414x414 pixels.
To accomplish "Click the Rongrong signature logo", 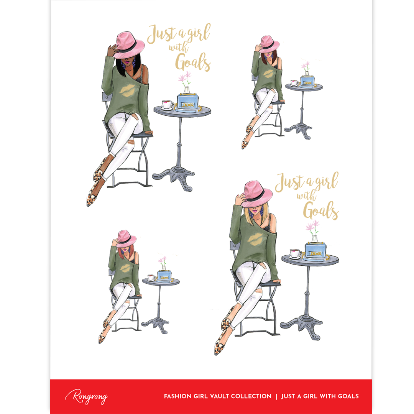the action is [x=86, y=396].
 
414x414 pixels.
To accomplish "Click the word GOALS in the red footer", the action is [x=348, y=396].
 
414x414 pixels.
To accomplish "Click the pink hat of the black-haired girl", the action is [x=129, y=45].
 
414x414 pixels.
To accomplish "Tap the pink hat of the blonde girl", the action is [x=256, y=194].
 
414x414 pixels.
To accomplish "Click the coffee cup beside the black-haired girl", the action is [x=168, y=105].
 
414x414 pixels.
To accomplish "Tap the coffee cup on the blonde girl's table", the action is [x=296, y=253].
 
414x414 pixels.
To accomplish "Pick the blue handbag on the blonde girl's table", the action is [x=315, y=251].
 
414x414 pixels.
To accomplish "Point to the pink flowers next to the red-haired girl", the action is [x=163, y=261].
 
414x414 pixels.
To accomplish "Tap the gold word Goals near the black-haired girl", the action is [x=193, y=62].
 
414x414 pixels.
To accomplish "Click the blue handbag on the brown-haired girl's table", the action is [x=307, y=80].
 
